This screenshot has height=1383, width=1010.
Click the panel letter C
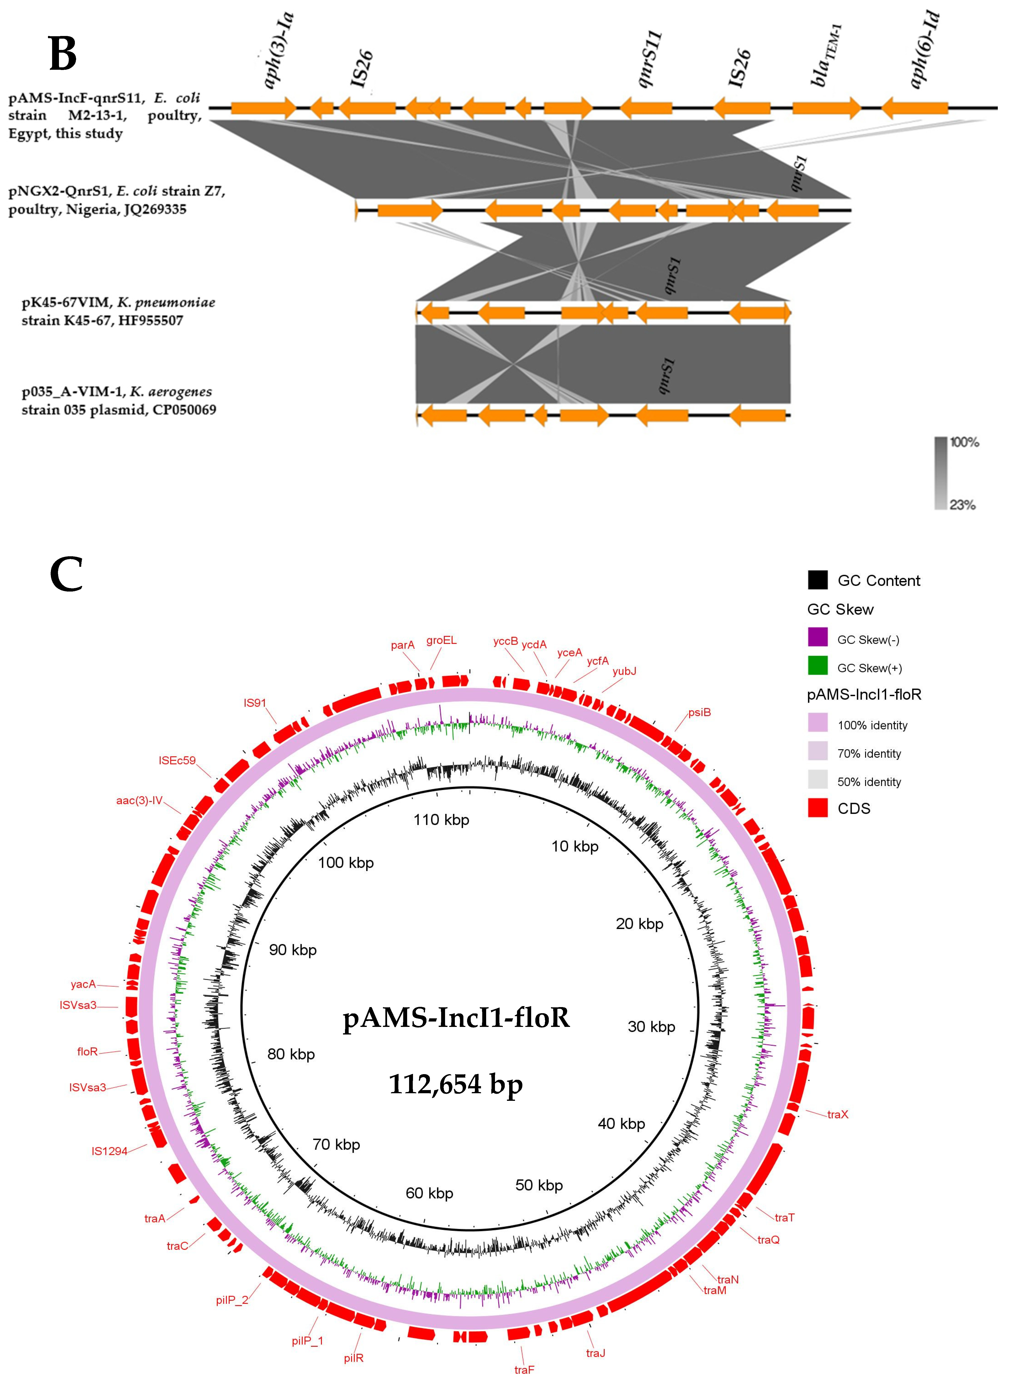click(x=66, y=575)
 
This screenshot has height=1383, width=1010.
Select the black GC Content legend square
click(x=817, y=580)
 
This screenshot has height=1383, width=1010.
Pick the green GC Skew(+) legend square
click(x=817, y=665)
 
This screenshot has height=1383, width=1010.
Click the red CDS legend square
click(x=817, y=808)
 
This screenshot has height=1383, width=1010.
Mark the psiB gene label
click(x=700, y=712)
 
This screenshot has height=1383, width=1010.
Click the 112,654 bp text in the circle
click(x=456, y=1084)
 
